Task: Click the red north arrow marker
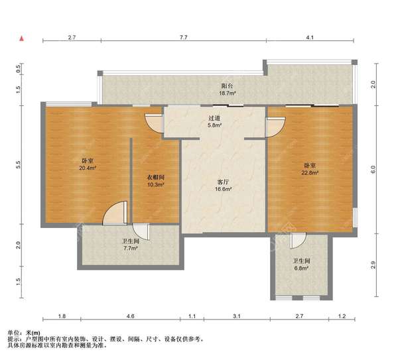(22, 39)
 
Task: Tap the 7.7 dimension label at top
(184, 37)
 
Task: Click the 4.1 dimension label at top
(310, 37)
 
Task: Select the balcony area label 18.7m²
(228, 93)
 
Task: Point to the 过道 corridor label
(214, 118)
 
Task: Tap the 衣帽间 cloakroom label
(156, 177)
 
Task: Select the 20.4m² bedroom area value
(88, 168)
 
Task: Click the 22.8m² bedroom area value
(310, 172)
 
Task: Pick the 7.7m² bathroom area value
(131, 248)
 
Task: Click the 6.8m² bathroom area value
(301, 268)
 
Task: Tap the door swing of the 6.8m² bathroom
(298, 241)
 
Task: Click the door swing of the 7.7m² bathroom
(141, 231)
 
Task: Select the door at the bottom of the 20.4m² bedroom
(115, 213)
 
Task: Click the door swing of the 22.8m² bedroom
(275, 127)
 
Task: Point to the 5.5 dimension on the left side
(19, 164)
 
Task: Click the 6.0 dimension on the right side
(373, 169)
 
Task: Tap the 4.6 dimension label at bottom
(130, 316)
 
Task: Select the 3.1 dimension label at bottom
(237, 316)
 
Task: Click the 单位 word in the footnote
(13, 333)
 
